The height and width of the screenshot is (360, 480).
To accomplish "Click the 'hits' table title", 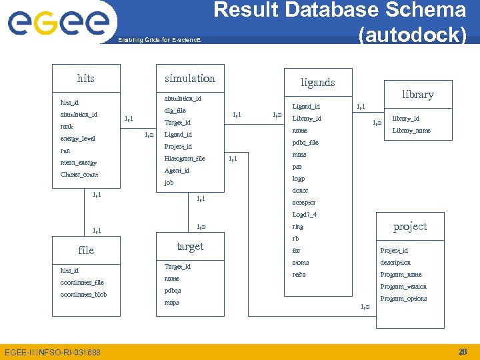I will (x=86, y=79).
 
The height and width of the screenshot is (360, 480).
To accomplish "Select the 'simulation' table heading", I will (x=190, y=79).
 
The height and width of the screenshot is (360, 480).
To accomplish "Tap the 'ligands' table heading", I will (x=317, y=83).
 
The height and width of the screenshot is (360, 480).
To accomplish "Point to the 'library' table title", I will (x=418, y=95).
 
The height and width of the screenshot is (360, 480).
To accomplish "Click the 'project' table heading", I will (x=410, y=227).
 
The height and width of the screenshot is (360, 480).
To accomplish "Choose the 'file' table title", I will (x=86, y=251).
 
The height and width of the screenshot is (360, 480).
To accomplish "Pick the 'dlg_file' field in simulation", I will (x=175, y=111).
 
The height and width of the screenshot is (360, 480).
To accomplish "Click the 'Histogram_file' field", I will (x=185, y=159).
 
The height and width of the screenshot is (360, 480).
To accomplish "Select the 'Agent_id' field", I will (x=177, y=171).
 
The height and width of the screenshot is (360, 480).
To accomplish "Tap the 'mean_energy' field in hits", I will (x=79, y=163).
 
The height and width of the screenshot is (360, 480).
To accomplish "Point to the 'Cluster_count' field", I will (x=79, y=175).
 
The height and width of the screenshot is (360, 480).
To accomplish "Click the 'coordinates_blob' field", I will (x=83, y=295).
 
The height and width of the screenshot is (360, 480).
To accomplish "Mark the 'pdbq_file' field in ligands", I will (x=305, y=143).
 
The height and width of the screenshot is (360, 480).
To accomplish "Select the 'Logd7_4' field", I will (x=305, y=215).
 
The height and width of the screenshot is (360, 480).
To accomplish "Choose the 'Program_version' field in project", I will (x=403, y=287).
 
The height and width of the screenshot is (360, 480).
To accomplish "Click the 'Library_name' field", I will (x=411, y=131).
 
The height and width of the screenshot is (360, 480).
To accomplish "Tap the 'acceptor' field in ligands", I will (x=304, y=203).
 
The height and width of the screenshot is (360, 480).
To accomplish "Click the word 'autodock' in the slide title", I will (x=412, y=35).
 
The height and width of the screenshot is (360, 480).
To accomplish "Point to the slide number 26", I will (x=463, y=351).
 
